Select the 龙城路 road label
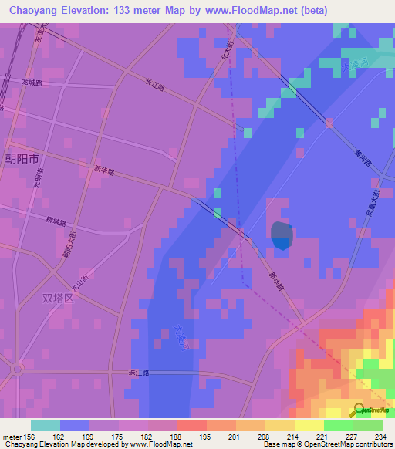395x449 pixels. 32,82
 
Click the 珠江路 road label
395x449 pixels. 137,373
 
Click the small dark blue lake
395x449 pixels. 281,235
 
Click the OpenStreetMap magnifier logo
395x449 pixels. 360,411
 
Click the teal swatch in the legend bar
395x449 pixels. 46,425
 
